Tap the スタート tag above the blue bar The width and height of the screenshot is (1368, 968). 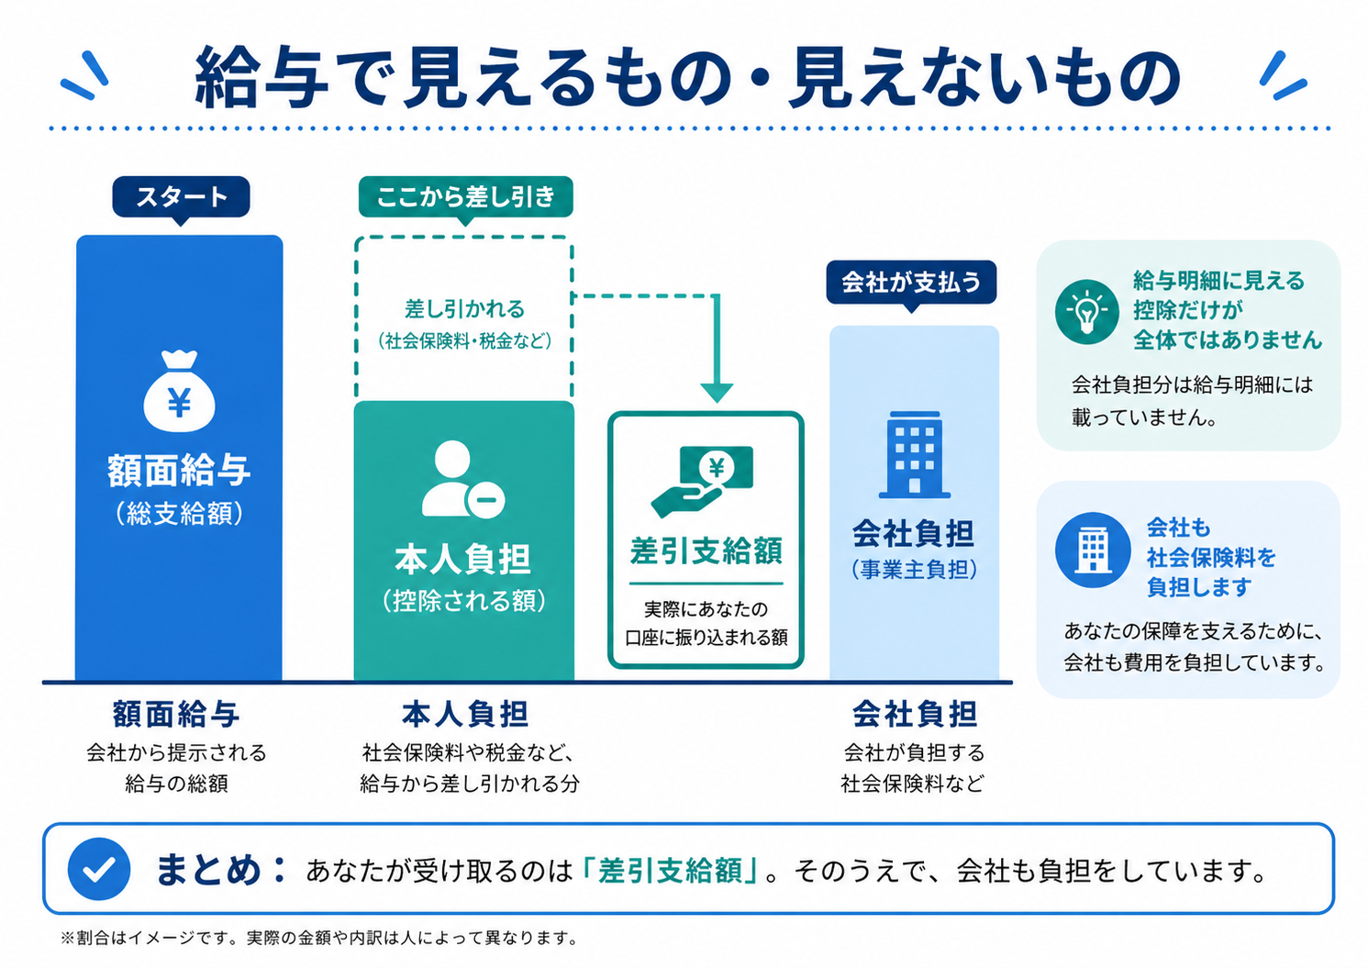click(x=181, y=196)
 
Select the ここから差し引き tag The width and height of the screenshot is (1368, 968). click(x=465, y=196)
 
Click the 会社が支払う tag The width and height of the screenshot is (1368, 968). click(x=911, y=282)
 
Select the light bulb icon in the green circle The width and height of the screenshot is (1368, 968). click(x=1086, y=312)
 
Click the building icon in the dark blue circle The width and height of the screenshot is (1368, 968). click(x=1092, y=550)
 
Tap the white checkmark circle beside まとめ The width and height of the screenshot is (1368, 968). click(x=99, y=868)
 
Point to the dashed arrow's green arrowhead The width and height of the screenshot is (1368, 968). click(x=717, y=392)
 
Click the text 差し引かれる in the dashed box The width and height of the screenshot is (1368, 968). click(x=464, y=309)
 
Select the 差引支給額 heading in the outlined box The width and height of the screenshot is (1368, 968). click(x=706, y=551)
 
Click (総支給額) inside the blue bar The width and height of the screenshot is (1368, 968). click(x=180, y=513)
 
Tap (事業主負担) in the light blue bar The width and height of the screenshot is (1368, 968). click(x=914, y=570)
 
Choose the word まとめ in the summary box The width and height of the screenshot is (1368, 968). click(x=208, y=869)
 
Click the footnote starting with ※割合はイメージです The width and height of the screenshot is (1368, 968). click(x=319, y=938)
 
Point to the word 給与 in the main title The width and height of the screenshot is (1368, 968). click(x=262, y=78)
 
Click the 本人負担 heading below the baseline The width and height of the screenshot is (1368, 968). click(x=465, y=714)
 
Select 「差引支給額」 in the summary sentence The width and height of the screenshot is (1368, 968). click(x=671, y=870)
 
